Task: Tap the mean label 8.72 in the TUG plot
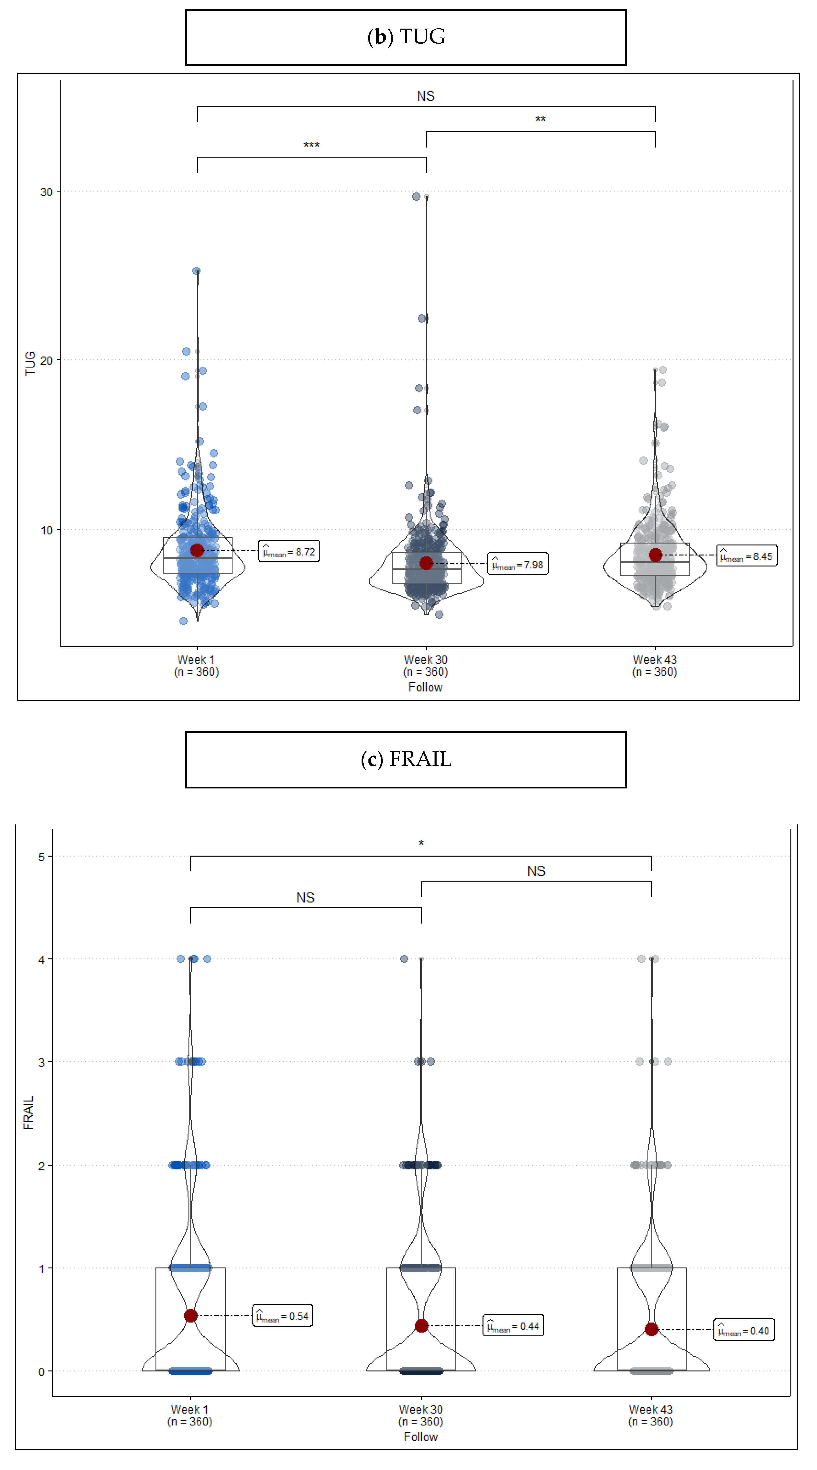[289, 551]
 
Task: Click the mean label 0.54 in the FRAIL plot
[282, 1316]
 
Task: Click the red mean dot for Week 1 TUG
[197, 550]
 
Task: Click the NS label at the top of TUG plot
[426, 96]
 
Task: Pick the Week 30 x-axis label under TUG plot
[426, 665]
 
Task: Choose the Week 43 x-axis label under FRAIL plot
[651, 1415]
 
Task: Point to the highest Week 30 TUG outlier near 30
[416, 196]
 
